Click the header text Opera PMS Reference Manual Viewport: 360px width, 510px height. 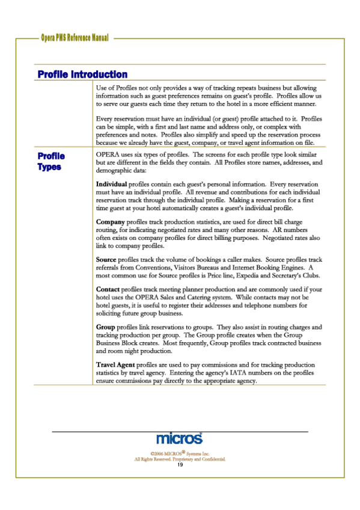tap(75, 38)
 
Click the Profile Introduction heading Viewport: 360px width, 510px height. tap(82, 75)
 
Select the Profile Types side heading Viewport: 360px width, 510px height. tap(50, 161)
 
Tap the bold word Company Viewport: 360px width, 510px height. tap(111, 222)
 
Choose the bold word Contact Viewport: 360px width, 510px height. tap(108, 289)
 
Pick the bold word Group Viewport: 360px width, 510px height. tap(106, 327)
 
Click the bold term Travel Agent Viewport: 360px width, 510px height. tap(116, 365)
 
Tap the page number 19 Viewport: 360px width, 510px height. tap(180, 464)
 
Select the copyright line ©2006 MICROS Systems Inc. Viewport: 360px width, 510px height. tap(180, 452)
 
